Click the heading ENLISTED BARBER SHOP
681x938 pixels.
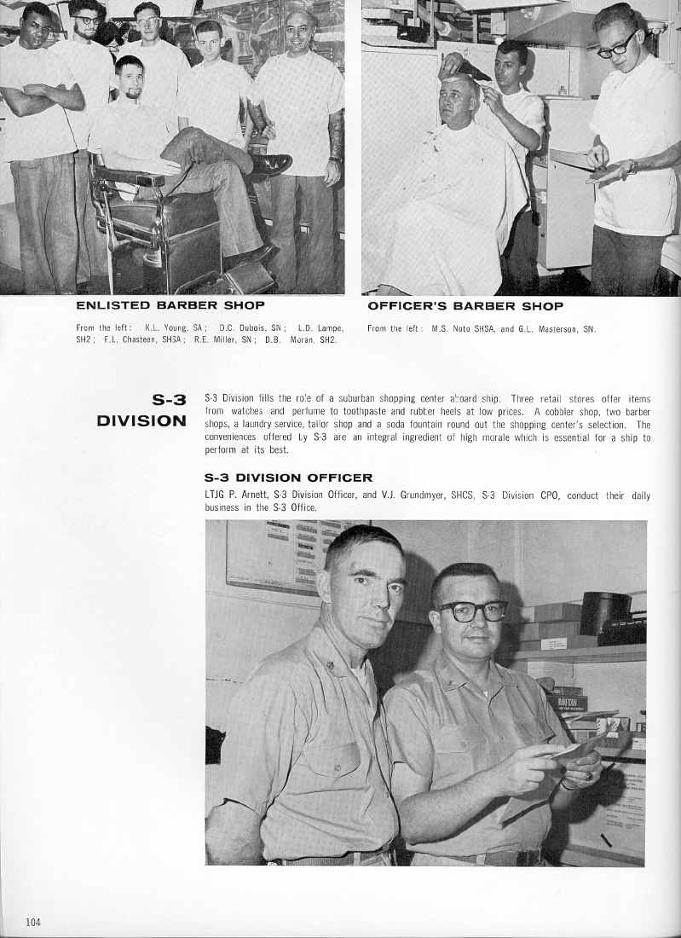(x=170, y=305)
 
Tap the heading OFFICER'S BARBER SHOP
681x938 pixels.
(x=465, y=305)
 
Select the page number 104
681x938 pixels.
(x=33, y=921)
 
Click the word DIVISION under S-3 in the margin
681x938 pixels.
(x=141, y=420)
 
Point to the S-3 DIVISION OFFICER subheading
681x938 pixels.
(x=288, y=478)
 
